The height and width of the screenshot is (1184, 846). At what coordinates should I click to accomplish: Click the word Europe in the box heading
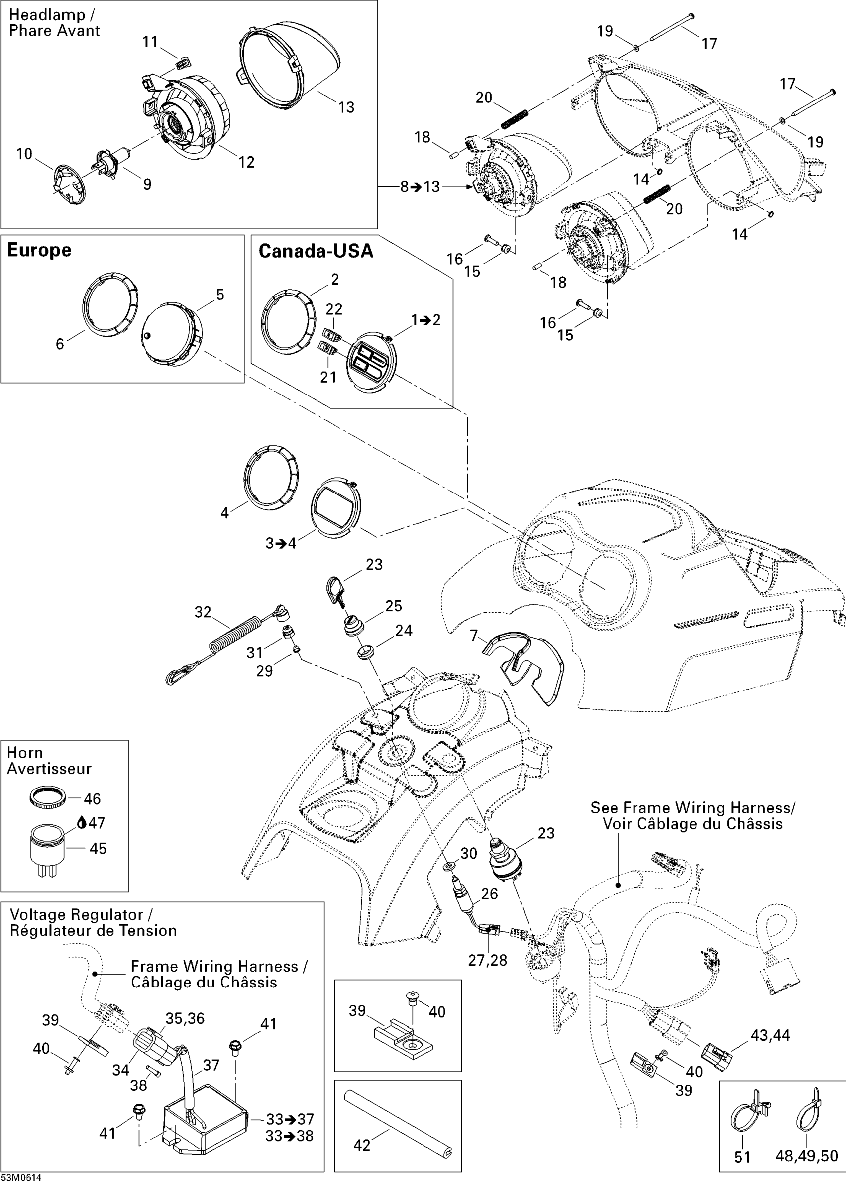[x=39, y=250]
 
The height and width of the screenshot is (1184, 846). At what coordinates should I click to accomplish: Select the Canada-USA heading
[x=316, y=251]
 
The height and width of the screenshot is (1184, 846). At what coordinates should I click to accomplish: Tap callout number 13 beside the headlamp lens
[x=346, y=107]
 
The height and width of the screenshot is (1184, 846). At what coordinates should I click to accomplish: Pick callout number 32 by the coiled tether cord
[x=203, y=612]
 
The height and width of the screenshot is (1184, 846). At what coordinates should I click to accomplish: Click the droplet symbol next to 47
[x=81, y=823]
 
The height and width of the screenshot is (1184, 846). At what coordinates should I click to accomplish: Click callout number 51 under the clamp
[x=742, y=1157]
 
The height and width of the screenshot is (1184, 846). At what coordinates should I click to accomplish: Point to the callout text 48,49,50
[x=807, y=1156]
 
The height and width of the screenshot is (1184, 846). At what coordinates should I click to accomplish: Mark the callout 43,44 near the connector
[x=770, y=1035]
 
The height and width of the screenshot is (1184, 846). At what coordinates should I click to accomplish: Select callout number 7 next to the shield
[x=474, y=635]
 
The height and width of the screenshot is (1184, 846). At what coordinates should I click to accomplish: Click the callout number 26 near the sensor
[x=489, y=894]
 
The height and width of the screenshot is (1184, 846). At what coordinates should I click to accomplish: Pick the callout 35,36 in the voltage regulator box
[x=185, y=1018]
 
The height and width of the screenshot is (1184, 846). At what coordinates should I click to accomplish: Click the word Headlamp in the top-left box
[x=47, y=15]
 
